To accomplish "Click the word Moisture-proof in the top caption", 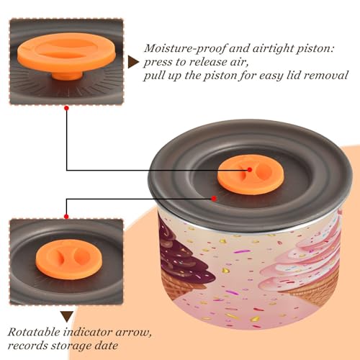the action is [185, 49].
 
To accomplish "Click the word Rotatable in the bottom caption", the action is [34, 332].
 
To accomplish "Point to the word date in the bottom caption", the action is [106, 346].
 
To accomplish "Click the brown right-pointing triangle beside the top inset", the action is [133, 62].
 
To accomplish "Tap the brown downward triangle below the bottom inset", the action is [67, 317].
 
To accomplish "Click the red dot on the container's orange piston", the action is [250, 170].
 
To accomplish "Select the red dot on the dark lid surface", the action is [214, 199].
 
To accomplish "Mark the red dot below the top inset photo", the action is [67, 108].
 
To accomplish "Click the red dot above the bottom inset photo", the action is [66, 217].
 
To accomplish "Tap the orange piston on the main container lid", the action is [251, 174].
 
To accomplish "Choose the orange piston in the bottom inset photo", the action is [69, 259].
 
